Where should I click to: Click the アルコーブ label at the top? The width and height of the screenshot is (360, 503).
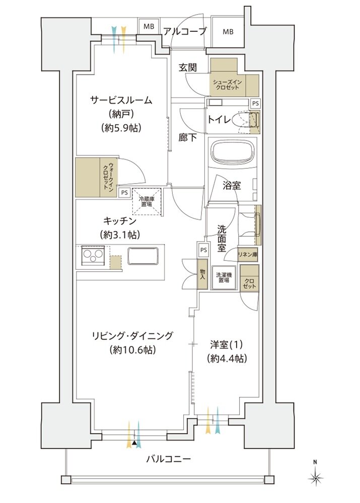[x=185, y=31]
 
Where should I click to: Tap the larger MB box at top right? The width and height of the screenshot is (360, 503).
[x=228, y=32]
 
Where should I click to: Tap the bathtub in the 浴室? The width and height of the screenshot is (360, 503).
[x=232, y=151]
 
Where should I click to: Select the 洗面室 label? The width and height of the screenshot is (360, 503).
[x=221, y=237]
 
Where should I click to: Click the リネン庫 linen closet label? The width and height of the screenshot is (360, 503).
[x=248, y=255]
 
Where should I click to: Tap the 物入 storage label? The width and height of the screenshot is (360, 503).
[x=202, y=274]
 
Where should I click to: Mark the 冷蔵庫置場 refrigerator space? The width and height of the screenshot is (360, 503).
[x=147, y=201]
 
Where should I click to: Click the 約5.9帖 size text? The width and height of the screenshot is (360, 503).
[x=121, y=128]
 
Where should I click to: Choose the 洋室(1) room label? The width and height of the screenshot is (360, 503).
[x=227, y=346]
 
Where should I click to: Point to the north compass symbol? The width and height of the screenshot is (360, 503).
[x=316, y=475]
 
